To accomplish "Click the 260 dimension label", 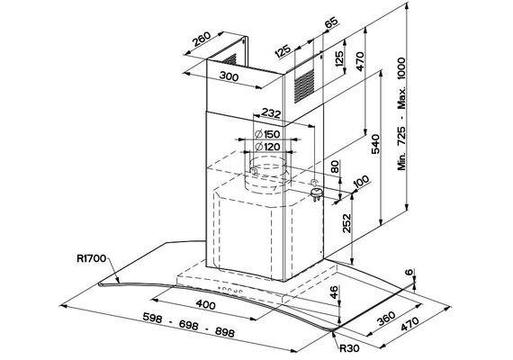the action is click(202, 40).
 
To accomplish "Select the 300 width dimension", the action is click(229, 76).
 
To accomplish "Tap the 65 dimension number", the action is click(331, 23).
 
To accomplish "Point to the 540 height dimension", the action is click(375, 144).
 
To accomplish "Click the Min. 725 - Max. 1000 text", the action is click(401, 114).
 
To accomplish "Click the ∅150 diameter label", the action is click(267, 134).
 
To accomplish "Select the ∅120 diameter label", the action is click(267, 147).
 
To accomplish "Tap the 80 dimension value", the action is click(335, 166).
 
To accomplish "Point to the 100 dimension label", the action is click(361, 181).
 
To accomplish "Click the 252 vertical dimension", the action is click(346, 223).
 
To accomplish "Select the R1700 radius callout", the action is click(92, 258).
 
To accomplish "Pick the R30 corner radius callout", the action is click(349, 348).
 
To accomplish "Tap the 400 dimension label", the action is click(206, 305).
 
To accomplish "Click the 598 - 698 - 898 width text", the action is click(189, 325).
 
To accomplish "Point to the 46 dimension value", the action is click(333, 292).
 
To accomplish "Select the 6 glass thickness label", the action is click(409, 273).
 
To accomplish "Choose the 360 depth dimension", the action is click(386, 319).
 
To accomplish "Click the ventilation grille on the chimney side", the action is click(304, 85).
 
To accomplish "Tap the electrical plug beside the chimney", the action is click(316, 193).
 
